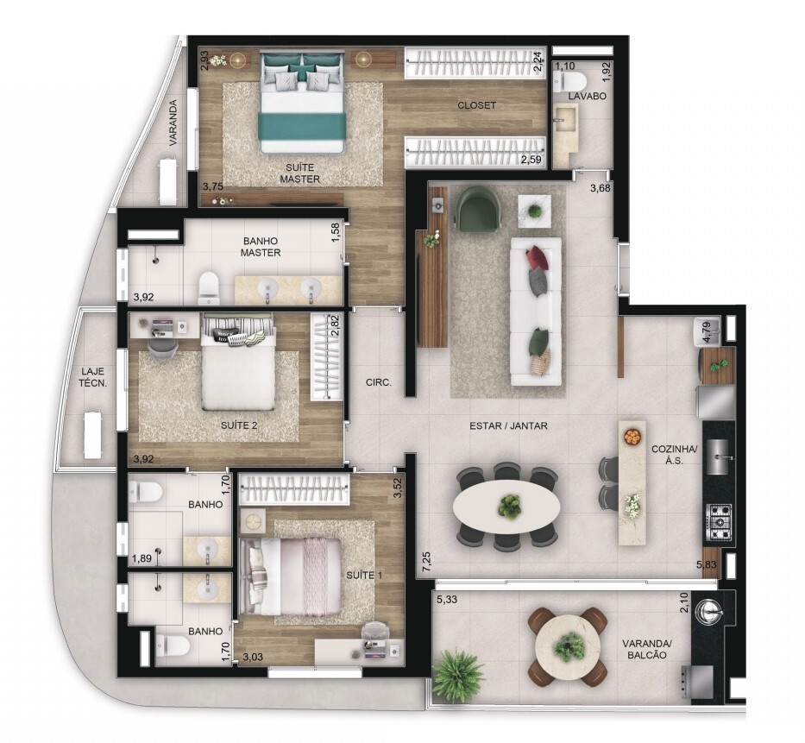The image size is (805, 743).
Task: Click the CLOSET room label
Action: coord(477,105)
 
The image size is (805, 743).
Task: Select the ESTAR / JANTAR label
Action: coord(509,425)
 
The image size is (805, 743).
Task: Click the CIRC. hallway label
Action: coord(379,382)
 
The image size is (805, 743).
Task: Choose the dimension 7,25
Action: coord(426,558)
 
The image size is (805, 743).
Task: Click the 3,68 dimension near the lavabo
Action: coord(601,188)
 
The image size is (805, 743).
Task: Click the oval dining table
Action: coord(506,506)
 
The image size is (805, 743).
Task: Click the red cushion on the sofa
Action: coord(537,258)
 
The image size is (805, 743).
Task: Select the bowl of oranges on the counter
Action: coord(632,437)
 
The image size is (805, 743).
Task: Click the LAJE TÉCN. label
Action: coord(94,376)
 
